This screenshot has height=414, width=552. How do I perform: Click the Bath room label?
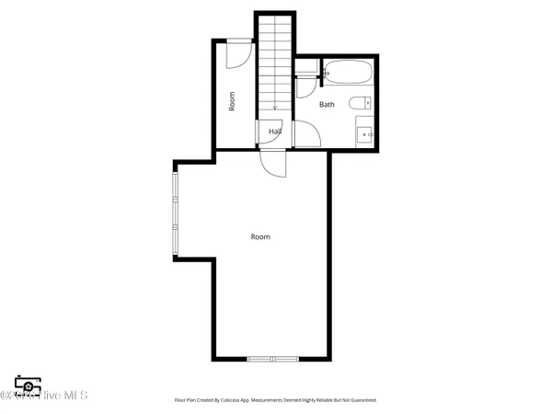[x=328, y=105]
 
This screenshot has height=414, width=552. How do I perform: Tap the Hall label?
[x=274, y=132]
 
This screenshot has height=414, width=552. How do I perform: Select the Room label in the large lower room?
[x=260, y=236]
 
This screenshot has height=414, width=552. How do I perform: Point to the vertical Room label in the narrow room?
[x=233, y=99]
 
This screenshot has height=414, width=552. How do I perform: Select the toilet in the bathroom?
[x=360, y=103]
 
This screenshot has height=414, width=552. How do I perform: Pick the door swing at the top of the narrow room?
[x=236, y=52]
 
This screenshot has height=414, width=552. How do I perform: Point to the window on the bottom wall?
[x=273, y=358]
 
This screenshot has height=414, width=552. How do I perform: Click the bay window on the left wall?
[x=176, y=212]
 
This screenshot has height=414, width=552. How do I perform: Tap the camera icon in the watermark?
[x=28, y=385]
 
